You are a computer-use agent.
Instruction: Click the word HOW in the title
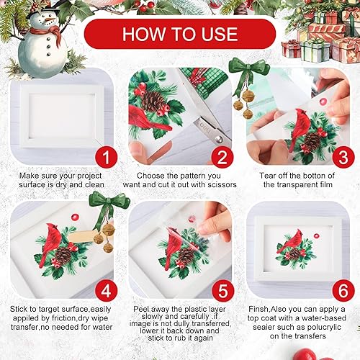145,34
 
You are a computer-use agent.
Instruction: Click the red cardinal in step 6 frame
292,240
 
